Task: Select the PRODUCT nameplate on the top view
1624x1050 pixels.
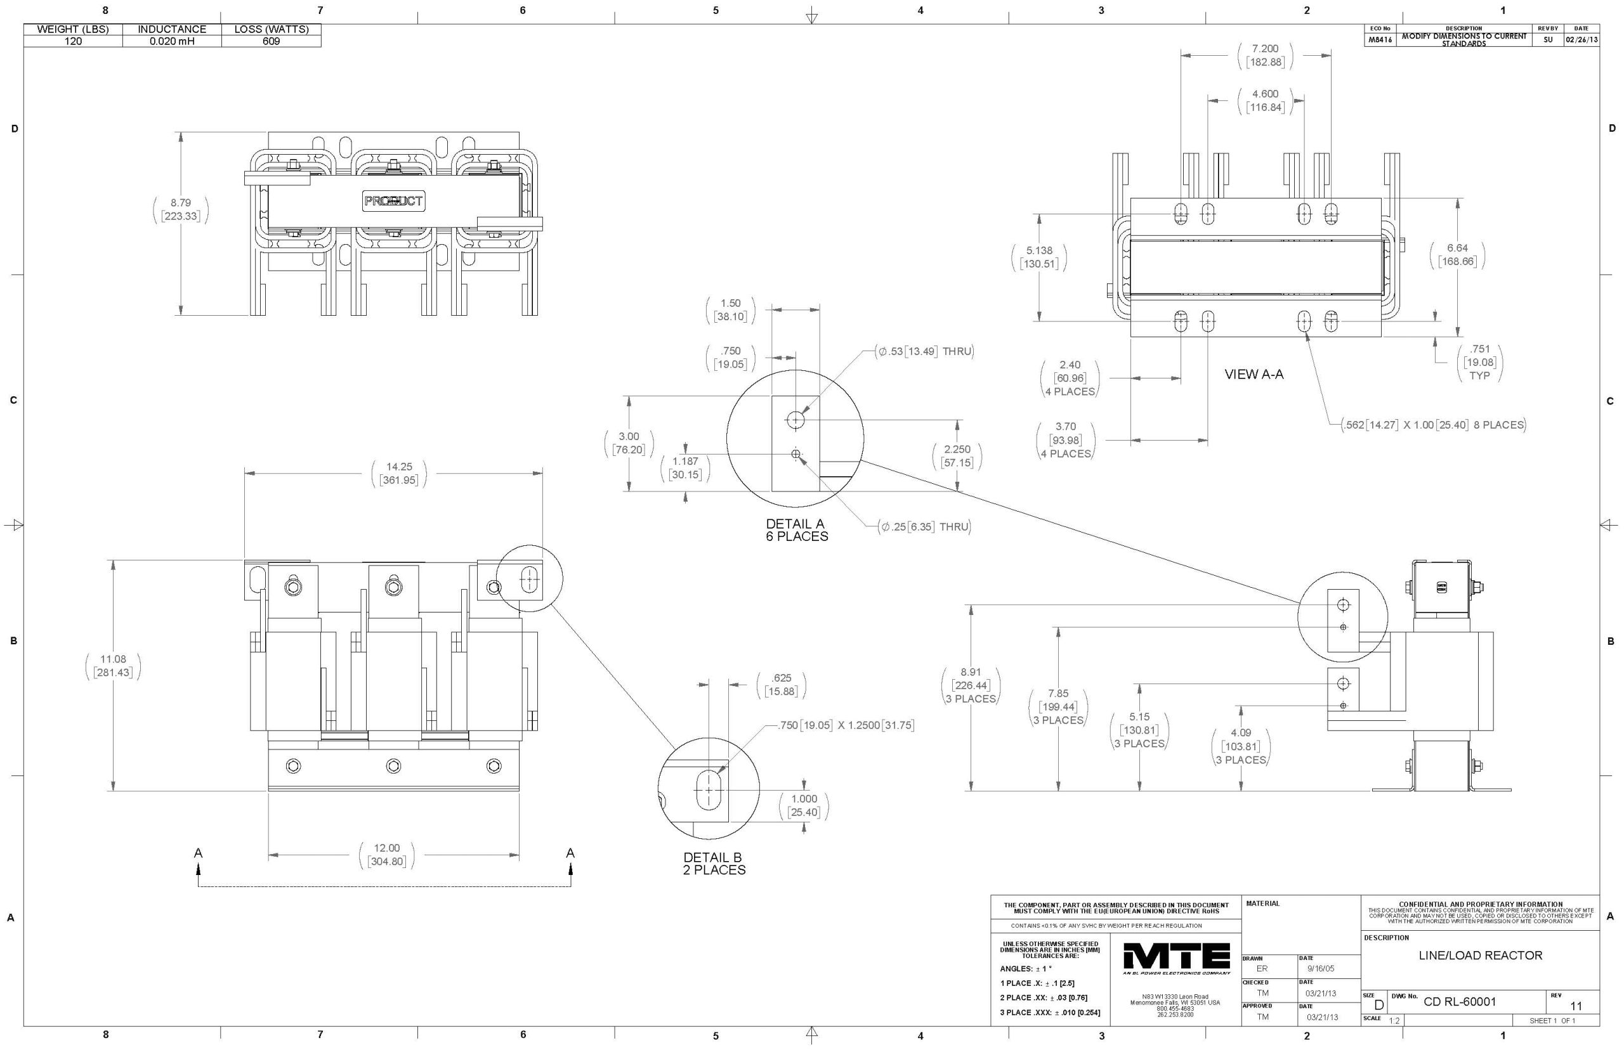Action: pos(393,201)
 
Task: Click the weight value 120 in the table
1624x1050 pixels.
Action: pos(73,41)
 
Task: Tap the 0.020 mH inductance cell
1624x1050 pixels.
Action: pos(172,41)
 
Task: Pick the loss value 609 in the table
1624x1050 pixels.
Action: pos(272,41)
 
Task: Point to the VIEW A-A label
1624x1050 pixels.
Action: pos(1254,373)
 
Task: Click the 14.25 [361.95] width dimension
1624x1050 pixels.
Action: pos(399,473)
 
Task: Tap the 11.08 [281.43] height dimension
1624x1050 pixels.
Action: pos(113,666)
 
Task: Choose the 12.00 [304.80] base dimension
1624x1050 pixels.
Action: pos(386,854)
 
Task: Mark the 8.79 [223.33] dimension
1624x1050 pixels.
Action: pos(181,209)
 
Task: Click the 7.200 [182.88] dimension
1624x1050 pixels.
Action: pos(1264,55)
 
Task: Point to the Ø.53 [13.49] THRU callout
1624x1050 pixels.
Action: pos(926,351)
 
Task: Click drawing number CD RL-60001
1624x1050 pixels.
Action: pos(1460,1002)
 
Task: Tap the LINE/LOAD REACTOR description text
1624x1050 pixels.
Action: pos(1480,956)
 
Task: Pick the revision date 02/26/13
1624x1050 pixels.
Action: pos(1581,39)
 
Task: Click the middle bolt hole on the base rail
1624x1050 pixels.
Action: pos(393,766)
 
